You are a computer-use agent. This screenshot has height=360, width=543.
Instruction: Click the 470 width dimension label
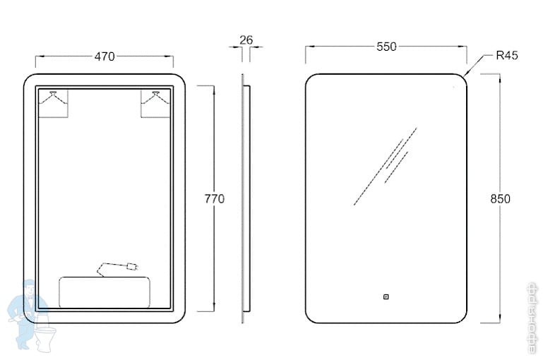click(x=105, y=56)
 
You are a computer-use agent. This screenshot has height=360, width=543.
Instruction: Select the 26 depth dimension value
click(x=246, y=40)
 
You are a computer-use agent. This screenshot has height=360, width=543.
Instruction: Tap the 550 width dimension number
click(x=386, y=47)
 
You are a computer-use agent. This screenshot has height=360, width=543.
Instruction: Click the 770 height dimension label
click(x=214, y=199)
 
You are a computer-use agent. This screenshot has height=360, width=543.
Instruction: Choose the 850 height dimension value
click(x=500, y=199)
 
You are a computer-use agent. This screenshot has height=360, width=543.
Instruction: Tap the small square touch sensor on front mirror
click(x=386, y=297)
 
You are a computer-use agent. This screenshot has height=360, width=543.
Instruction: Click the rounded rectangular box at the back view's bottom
click(x=105, y=292)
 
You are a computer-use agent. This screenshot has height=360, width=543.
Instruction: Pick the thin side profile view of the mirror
click(x=244, y=199)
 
